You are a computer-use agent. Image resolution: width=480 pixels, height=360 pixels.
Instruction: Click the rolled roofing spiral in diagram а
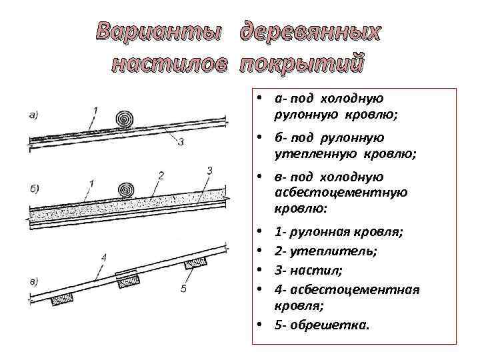(x=125, y=119)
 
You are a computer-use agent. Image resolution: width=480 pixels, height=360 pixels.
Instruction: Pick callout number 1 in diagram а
(x=96, y=109)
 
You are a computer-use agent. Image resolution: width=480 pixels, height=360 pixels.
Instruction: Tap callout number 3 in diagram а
(x=181, y=141)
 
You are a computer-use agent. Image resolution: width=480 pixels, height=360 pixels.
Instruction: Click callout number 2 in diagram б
(x=161, y=175)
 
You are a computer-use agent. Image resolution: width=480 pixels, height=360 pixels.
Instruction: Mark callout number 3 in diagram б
(x=209, y=171)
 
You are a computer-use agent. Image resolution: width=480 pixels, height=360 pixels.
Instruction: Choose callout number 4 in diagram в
(x=103, y=256)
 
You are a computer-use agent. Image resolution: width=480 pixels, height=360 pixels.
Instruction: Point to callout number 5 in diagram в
(x=183, y=289)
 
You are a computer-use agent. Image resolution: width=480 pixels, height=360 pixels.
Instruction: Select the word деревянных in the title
(x=312, y=31)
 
